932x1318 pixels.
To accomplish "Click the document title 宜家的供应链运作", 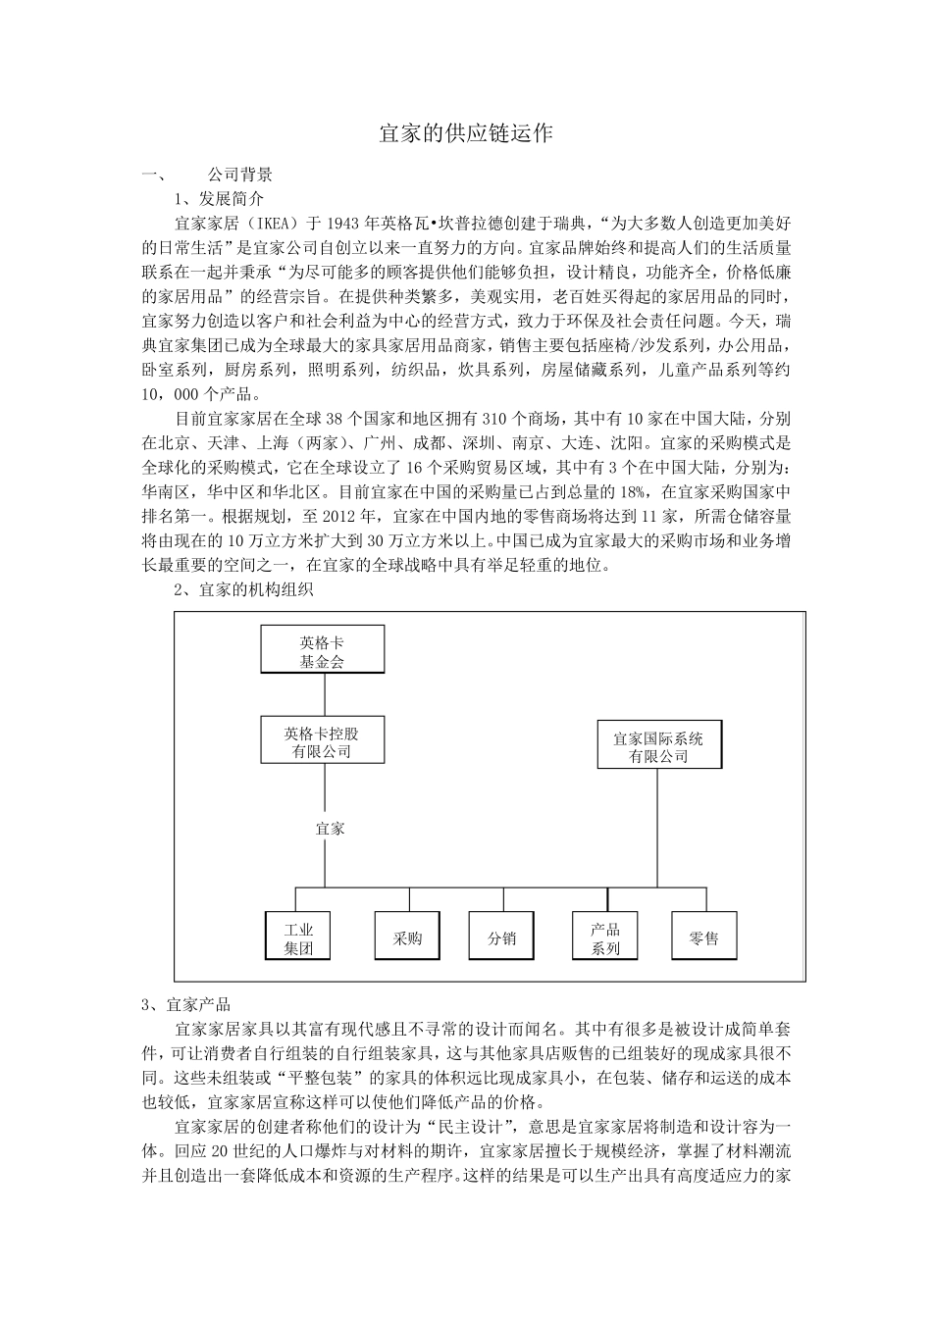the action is point(466,133).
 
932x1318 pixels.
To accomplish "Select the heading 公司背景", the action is point(240,176).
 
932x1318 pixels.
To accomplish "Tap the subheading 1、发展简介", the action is point(219,197).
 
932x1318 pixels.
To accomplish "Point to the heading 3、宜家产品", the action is point(185,1005).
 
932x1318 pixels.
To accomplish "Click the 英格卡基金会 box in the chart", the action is point(323,649).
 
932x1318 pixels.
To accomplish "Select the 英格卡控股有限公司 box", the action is point(323,740).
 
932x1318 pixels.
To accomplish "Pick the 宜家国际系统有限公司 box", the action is point(657,744).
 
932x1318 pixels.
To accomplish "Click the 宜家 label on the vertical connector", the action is point(331,829).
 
